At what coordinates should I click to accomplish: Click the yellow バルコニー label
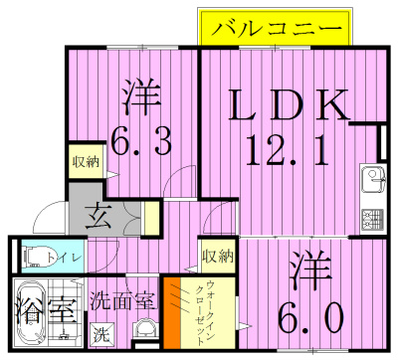coord(275,27)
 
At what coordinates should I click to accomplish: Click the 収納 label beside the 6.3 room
coord(86,162)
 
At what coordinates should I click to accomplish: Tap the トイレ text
coord(69,255)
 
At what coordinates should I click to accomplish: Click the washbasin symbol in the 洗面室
coord(144,329)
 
